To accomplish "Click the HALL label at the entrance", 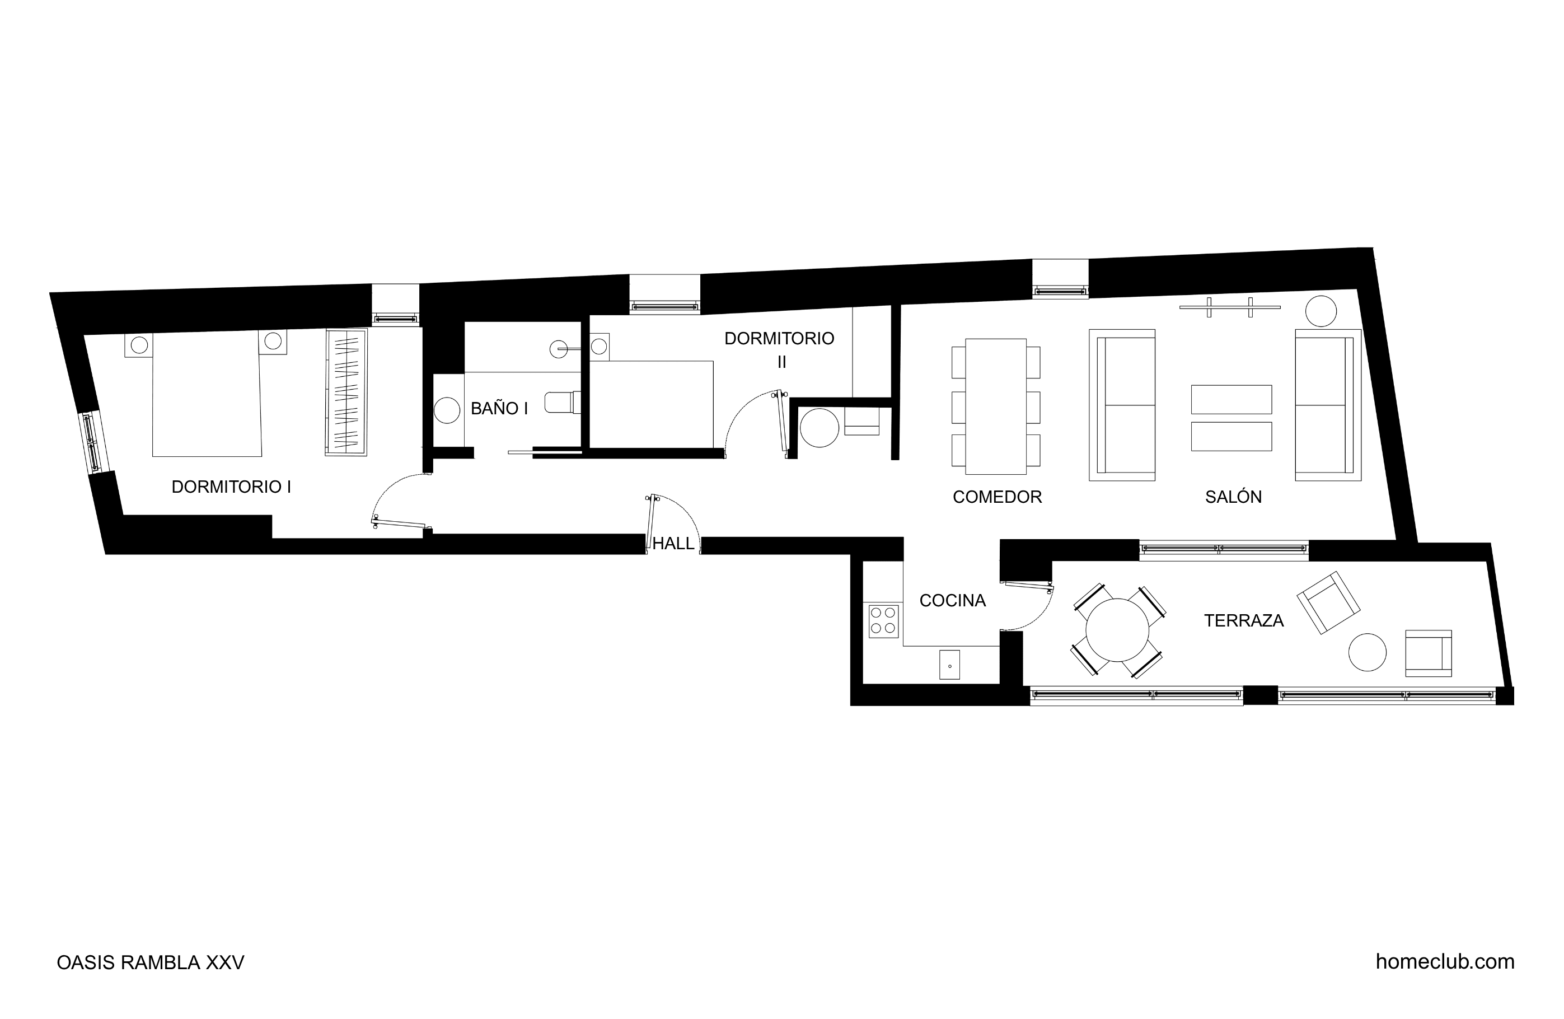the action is pos(673,544).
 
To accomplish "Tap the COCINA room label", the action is pos(952,600).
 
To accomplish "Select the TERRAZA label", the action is pos(1243,620).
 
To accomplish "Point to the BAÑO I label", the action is pos(499,408).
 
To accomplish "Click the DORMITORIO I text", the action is pos(231,487).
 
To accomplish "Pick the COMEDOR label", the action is pos(997,497).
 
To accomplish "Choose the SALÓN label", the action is pos(1234,497).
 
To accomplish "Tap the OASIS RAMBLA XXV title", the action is pos(151,962).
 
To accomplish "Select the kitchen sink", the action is pos(949,665).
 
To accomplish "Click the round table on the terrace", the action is pos(1117,630).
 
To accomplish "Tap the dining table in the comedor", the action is pos(996,406).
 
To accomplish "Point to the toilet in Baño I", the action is pos(563,403).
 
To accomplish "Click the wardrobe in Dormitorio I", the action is pos(346,392).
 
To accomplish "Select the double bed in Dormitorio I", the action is pos(207,395).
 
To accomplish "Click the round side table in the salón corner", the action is pos(1321,311).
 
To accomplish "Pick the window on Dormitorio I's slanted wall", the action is pos(91,441).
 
